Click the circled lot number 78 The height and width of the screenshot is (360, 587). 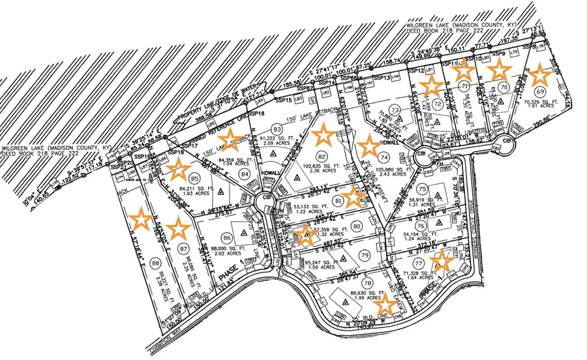click(x=367, y=283)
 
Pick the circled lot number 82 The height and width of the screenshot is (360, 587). click(x=321, y=157)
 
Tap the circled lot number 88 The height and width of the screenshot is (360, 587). click(x=155, y=263)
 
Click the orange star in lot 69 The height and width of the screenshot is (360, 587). click(x=540, y=76)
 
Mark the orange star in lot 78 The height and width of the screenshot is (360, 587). click(x=385, y=302)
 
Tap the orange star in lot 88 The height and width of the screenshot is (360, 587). click(x=140, y=218)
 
